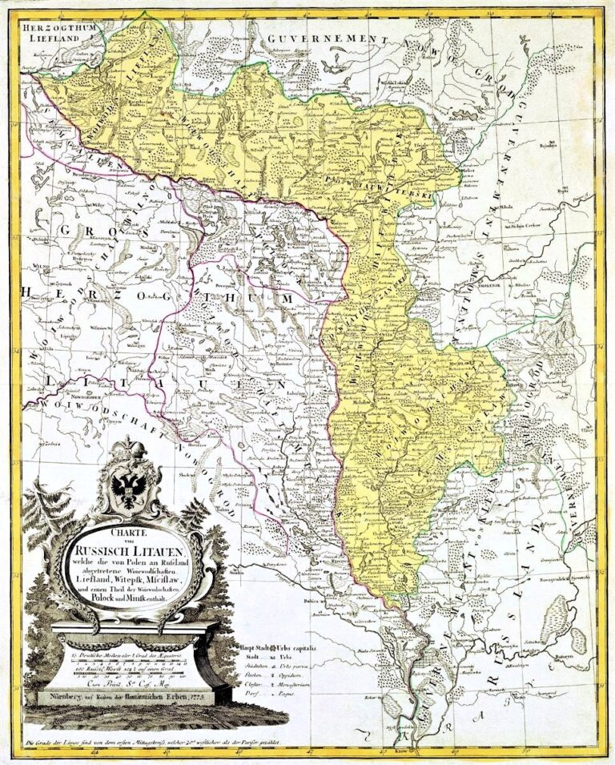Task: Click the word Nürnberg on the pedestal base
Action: click(62, 699)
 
